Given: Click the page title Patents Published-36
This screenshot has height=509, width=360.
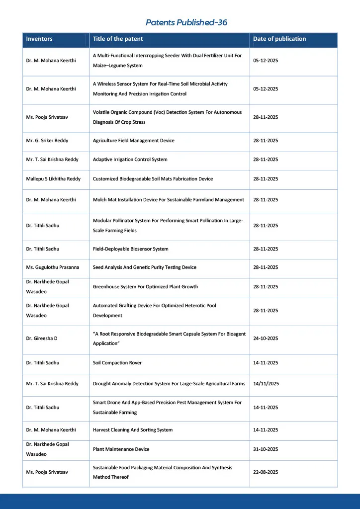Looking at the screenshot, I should [x=186, y=22].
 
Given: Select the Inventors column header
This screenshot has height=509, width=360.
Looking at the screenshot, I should [x=39, y=39].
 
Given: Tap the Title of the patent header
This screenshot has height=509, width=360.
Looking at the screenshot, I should [x=118, y=39].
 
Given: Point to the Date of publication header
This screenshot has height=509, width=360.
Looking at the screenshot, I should [x=279, y=39].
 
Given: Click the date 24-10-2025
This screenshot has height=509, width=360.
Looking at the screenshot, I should [x=266, y=339].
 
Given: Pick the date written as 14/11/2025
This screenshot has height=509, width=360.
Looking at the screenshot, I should [x=266, y=384].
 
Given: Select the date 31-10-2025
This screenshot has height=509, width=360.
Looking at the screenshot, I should [x=266, y=449].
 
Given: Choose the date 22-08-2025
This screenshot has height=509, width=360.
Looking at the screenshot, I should [x=266, y=472].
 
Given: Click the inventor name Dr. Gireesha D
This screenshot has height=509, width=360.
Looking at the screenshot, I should [x=42, y=339].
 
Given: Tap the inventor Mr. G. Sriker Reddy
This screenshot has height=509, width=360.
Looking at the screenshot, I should [x=47, y=141].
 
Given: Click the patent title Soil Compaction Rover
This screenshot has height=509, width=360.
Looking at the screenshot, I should [x=117, y=363].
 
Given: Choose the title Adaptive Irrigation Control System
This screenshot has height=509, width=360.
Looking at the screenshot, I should [x=130, y=160].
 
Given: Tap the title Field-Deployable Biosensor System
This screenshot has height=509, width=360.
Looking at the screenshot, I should [x=131, y=249].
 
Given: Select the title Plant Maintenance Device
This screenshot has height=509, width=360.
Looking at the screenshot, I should [x=121, y=449].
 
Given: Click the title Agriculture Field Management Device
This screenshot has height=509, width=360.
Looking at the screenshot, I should [x=134, y=141].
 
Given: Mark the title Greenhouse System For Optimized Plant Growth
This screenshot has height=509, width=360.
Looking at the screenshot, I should [x=145, y=287].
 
